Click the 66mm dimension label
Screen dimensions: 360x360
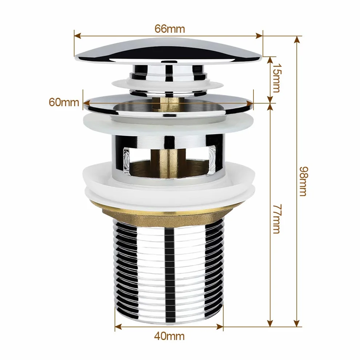169,29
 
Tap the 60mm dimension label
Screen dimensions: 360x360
64,102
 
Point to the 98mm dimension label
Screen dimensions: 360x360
303,181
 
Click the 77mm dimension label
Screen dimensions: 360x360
276,219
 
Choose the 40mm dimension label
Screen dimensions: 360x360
169,336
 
